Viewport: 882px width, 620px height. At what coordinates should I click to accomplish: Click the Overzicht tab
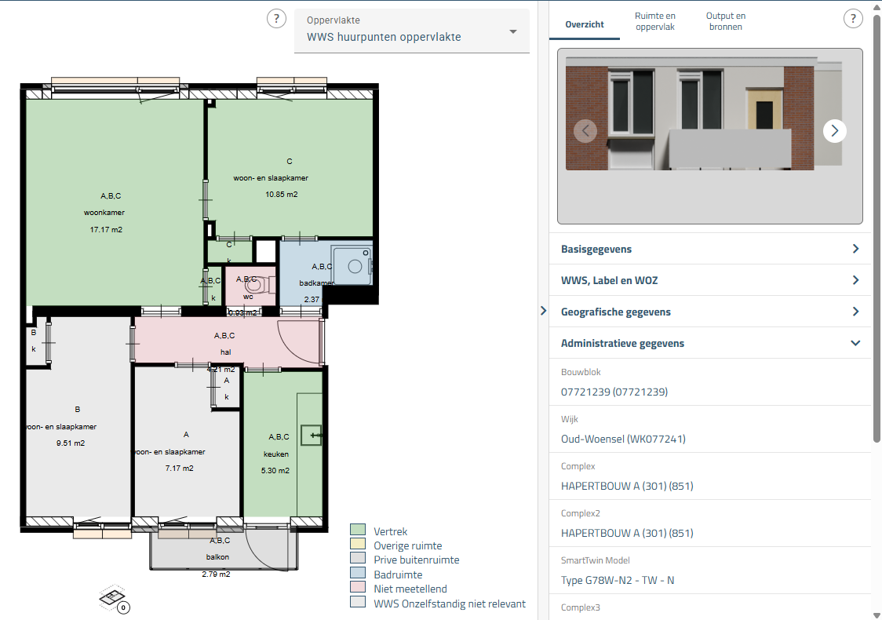[585, 24]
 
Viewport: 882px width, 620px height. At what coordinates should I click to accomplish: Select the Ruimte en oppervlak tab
[654, 21]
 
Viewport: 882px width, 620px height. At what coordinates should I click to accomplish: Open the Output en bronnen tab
[725, 21]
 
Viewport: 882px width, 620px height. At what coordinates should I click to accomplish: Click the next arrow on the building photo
[834, 130]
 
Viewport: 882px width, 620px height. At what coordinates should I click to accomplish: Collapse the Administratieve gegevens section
[855, 343]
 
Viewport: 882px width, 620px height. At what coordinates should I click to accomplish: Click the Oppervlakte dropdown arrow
[513, 32]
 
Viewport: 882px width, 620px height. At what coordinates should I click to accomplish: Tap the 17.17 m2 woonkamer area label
[106, 230]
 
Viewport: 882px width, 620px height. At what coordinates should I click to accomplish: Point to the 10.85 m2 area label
[282, 195]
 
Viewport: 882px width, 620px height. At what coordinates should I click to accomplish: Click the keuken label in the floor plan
[275, 454]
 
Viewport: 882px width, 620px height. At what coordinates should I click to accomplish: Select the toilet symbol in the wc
[252, 284]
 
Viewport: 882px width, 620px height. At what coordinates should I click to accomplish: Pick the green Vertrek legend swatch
[358, 531]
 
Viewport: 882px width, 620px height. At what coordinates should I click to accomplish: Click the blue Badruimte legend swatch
[358, 574]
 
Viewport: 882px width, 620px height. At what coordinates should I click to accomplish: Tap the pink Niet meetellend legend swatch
[358, 589]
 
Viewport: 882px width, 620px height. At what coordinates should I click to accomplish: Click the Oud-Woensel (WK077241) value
[623, 439]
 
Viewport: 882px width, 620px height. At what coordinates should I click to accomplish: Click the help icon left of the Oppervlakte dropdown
[276, 19]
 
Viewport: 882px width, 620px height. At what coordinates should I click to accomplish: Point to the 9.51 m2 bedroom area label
[71, 443]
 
